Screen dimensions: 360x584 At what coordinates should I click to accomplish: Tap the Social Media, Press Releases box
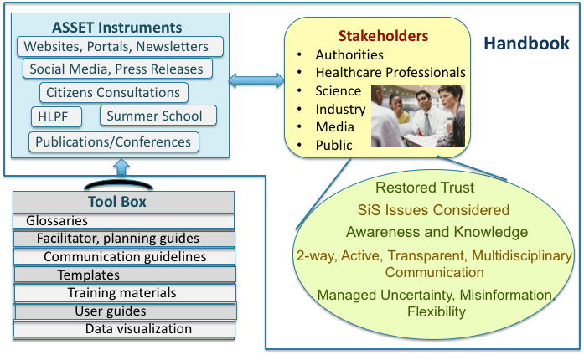point(116,69)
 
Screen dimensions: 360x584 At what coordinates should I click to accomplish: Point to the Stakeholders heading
point(383,36)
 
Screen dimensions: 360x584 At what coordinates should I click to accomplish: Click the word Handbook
point(529,43)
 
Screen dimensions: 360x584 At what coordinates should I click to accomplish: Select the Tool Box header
point(116,202)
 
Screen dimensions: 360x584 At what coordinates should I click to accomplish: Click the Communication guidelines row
point(125,256)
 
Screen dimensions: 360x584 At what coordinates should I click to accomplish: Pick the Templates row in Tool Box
point(88,275)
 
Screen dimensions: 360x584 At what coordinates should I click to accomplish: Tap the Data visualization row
point(138,328)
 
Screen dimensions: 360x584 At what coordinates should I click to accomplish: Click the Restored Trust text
point(425,188)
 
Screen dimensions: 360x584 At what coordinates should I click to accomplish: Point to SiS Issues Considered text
point(432,209)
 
